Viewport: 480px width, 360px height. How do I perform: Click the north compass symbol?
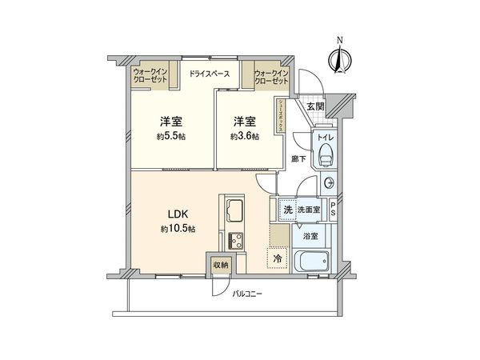point(339,57)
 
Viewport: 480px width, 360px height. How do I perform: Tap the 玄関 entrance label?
point(314,106)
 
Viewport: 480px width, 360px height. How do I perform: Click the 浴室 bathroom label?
point(310,236)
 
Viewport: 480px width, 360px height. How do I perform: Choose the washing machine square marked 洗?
point(286,210)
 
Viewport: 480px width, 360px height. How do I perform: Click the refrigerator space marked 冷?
point(277,258)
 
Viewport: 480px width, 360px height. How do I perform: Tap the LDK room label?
point(178,214)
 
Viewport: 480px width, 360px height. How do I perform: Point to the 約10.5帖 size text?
point(178,229)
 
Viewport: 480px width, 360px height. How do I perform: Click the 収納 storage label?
point(221,265)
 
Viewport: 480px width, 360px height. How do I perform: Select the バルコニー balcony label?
point(247,294)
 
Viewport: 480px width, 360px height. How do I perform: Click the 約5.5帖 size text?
point(170,136)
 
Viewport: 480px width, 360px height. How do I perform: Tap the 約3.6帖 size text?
point(245,136)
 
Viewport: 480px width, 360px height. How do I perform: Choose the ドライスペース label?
point(210,74)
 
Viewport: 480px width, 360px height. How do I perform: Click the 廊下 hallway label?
point(298,158)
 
